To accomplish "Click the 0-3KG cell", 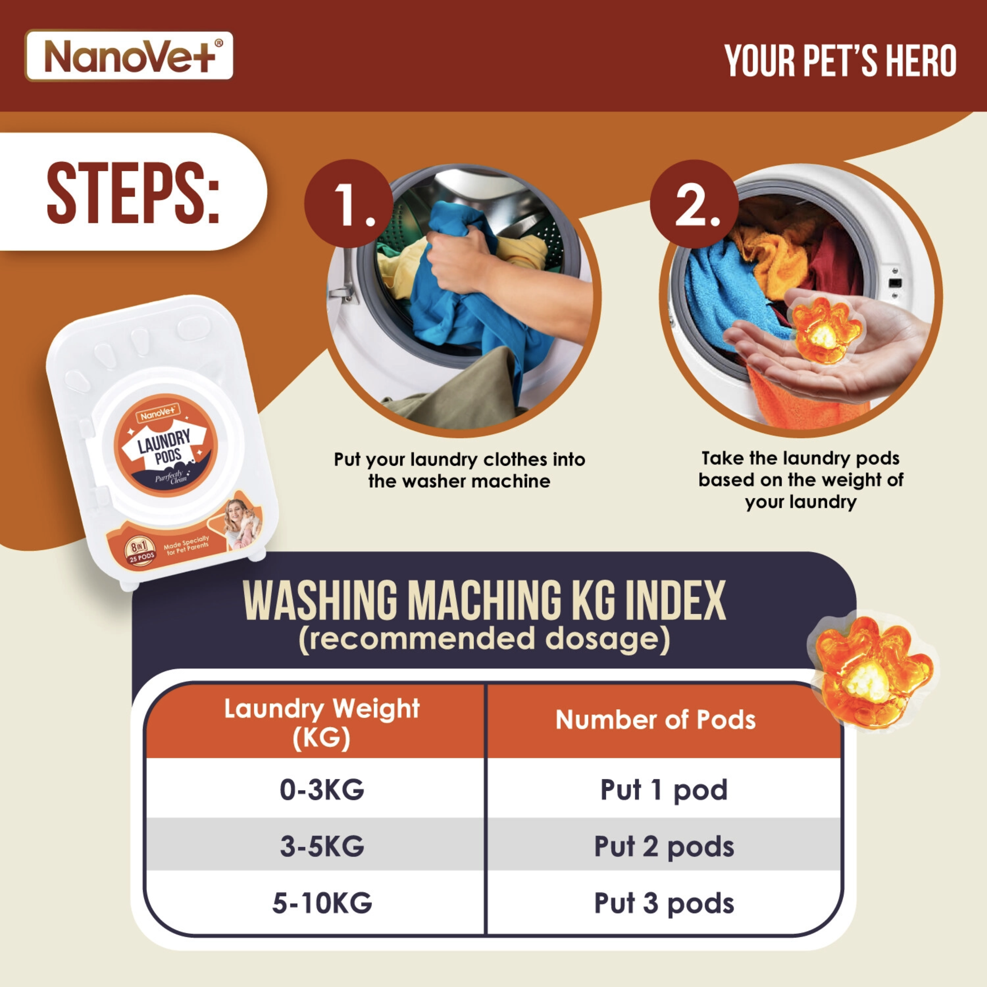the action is tap(322, 790).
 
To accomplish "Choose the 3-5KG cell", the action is tap(322, 846).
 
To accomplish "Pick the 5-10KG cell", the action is tap(322, 903).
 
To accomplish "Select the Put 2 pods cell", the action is tap(664, 847).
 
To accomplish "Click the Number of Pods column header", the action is tap(656, 720).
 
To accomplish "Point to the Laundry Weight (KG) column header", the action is tap(322, 722).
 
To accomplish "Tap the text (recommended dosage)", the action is tap(484, 639).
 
